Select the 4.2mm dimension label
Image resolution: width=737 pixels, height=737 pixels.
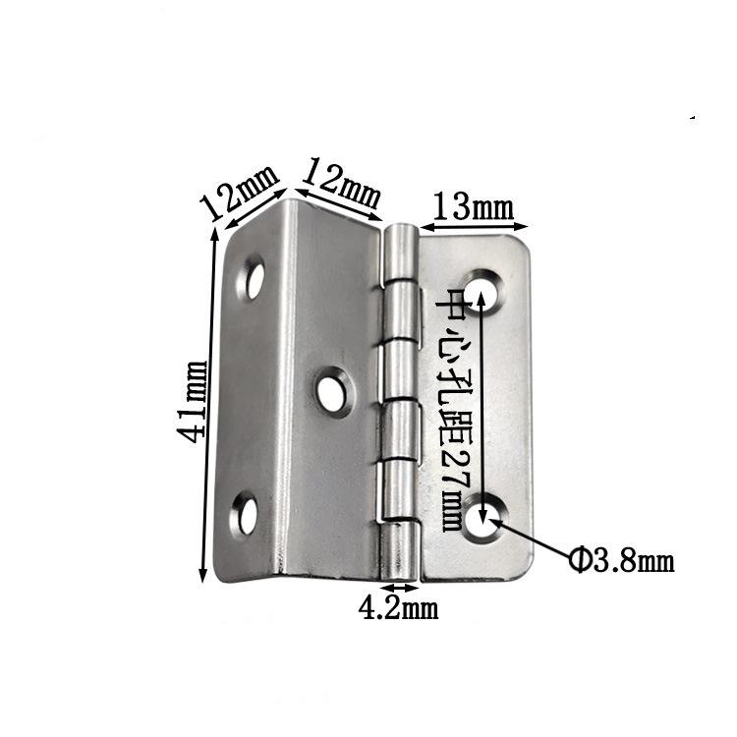click(397, 609)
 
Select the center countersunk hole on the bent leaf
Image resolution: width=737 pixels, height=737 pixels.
click(333, 391)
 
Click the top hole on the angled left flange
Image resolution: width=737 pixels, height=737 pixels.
click(255, 279)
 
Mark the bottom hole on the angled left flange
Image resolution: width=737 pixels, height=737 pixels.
click(243, 515)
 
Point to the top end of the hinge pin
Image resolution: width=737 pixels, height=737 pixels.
click(399, 232)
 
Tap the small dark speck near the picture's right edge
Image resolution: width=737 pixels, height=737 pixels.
click(694, 118)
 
